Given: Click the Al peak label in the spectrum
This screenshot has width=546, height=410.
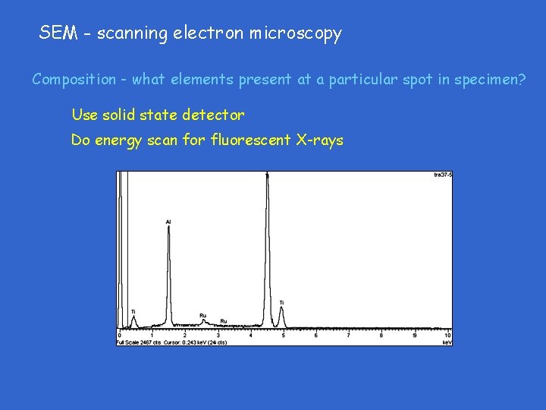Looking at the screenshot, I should pos(168,222).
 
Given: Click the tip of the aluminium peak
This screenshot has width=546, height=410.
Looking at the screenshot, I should pos(168,228).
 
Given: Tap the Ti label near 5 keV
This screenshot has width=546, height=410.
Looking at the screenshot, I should pos(281,303).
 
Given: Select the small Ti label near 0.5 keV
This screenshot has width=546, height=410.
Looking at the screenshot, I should pos(133,311).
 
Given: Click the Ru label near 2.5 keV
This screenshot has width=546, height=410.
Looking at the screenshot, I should pos(202,315).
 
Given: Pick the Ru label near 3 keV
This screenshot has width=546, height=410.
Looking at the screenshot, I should pos(223,321).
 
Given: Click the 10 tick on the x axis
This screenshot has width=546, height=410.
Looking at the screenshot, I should pos(447,335).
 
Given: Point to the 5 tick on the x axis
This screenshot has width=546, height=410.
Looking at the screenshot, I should pos(283,335).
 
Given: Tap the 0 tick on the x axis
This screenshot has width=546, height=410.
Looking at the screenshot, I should pos(119,335).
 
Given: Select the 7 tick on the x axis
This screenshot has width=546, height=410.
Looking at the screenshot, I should pos(349,335).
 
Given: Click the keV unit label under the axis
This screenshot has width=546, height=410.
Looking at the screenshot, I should pos(447,342).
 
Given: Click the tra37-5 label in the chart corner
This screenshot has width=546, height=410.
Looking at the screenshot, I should pos(443,175).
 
